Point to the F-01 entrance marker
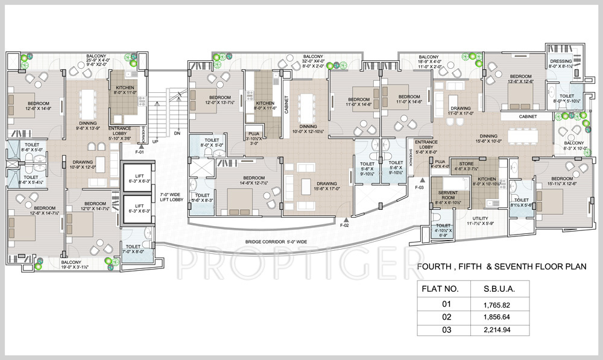click(x=140, y=153)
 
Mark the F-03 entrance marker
click(x=420, y=188)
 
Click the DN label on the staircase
click(x=177, y=133)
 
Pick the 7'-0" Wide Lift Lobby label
click(x=171, y=197)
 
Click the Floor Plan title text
click(x=502, y=265)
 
